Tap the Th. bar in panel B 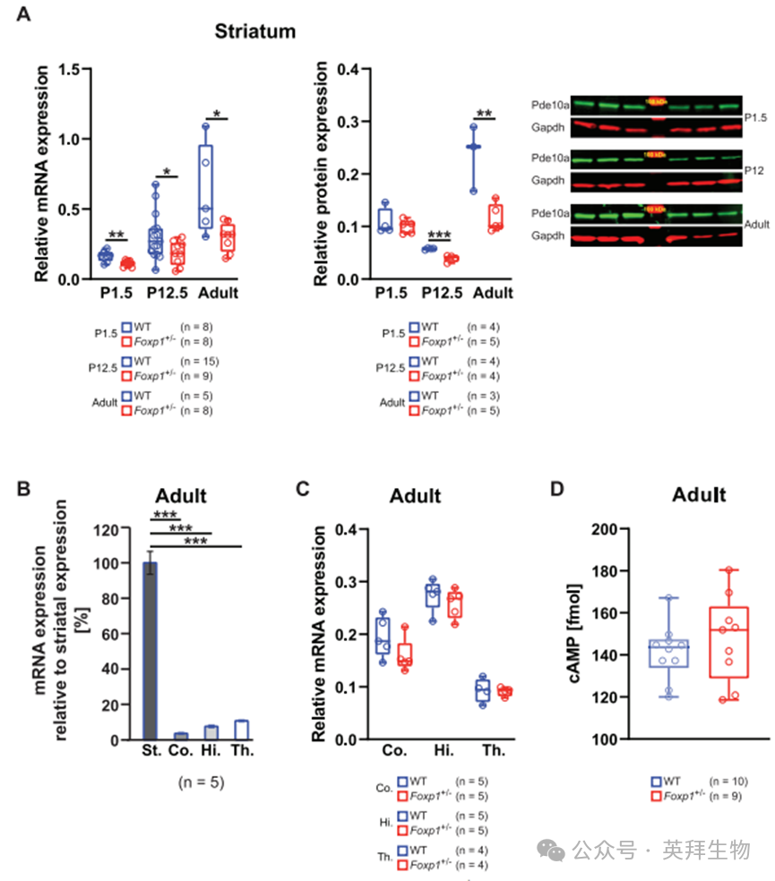(240, 730)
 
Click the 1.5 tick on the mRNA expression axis (68, 69)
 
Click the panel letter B (25, 489)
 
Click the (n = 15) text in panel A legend (201, 361)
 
